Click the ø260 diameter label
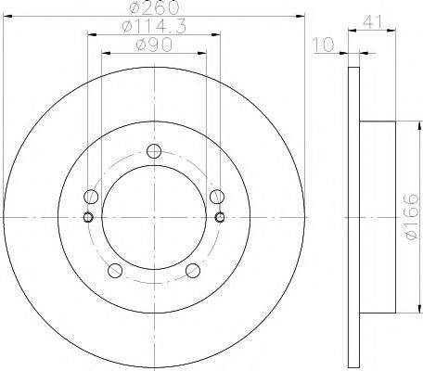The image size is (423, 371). click(153, 9)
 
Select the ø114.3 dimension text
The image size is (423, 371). click(153, 29)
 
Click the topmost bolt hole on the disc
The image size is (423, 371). click(154, 153)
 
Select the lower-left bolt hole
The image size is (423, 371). click(115, 271)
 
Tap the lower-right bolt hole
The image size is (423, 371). click(193, 271)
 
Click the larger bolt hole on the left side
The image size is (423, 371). click(91, 197)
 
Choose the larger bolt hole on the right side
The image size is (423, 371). click(217, 197)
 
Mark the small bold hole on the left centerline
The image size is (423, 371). click(89, 218)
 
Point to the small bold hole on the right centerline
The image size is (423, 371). click(219, 218)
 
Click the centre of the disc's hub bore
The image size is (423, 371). click(154, 218)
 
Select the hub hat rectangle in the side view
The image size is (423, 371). click(378, 217)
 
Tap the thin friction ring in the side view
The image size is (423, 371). click(353, 217)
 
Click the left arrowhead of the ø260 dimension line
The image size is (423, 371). click(6, 16)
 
